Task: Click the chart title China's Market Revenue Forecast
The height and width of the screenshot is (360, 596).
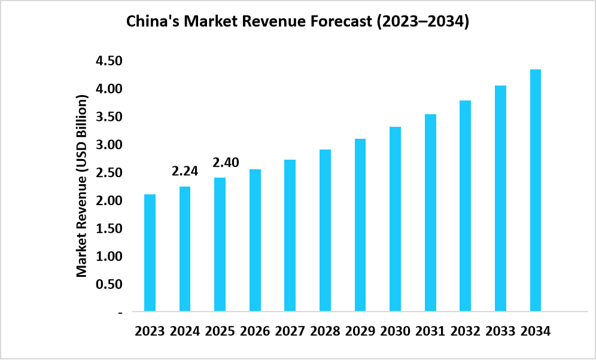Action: tap(297, 23)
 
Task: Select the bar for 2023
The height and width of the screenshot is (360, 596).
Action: tap(150, 253)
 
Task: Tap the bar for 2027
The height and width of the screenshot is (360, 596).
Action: tap(290, 236)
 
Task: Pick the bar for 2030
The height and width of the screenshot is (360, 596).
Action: tap(395, 219)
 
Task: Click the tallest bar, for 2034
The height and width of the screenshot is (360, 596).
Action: tap(535, 190)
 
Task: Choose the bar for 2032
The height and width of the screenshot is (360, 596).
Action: tap(465, 206)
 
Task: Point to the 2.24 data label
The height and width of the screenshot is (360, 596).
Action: tap(185, 172)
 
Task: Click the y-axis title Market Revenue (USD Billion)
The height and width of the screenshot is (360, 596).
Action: tap(82, 185)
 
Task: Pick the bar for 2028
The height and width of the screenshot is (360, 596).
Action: tap(325, 230)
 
